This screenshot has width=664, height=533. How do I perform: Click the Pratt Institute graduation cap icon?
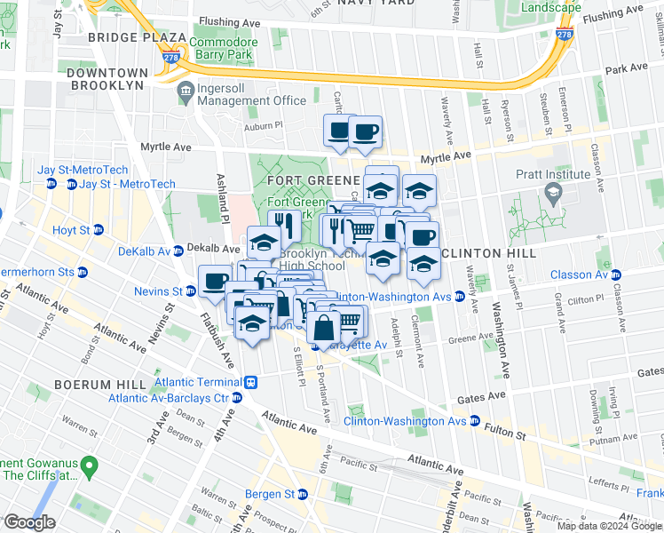tap(552, 193)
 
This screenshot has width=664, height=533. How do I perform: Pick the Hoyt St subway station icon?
tap(99, 229)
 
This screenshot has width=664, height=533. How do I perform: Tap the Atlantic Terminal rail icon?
tap(251, 382)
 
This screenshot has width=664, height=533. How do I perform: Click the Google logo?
tap(29, 522)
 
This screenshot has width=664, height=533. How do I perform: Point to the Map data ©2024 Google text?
tap(608, 526)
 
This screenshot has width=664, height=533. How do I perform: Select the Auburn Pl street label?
tap(265, 125)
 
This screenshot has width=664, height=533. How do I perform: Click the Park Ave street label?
tap(626, 68)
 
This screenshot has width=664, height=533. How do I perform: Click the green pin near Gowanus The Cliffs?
tap(88, 465)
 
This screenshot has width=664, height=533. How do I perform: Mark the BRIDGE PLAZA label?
tap(137, 39)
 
